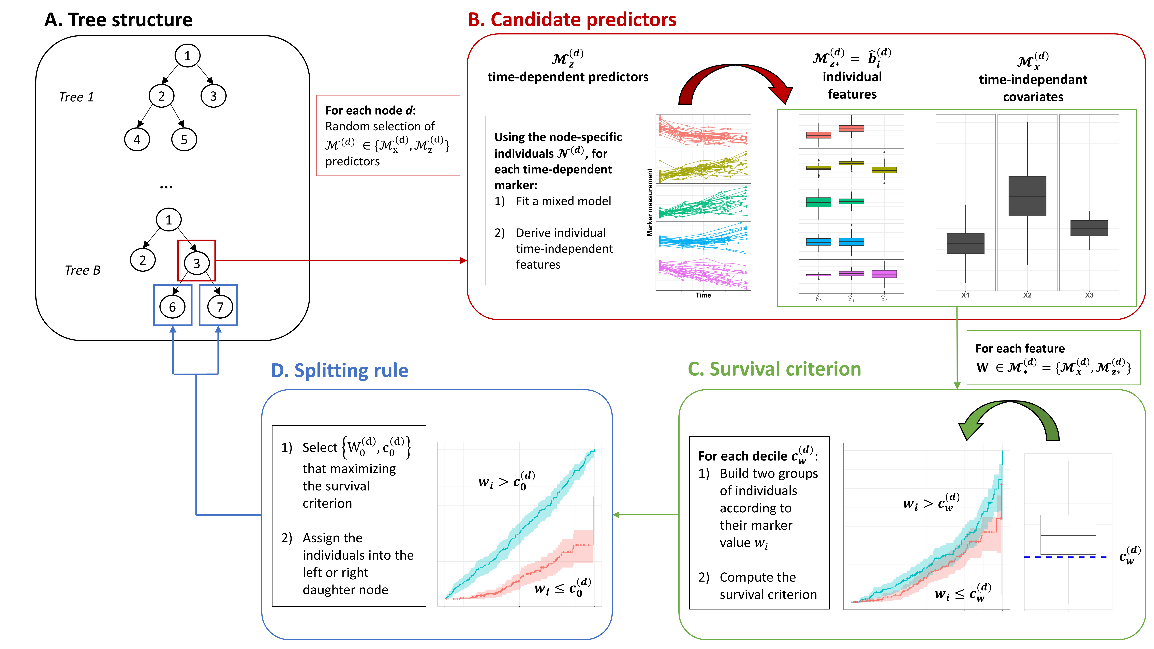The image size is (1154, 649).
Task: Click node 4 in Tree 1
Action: (137, 140)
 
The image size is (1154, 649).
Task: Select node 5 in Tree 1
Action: (184, 140)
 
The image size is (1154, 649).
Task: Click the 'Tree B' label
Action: (82, 270)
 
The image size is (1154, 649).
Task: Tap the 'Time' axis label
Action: (703, 295)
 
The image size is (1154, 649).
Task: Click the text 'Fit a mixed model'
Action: (563, 201)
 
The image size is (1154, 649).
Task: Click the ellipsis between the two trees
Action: (166, 186)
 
